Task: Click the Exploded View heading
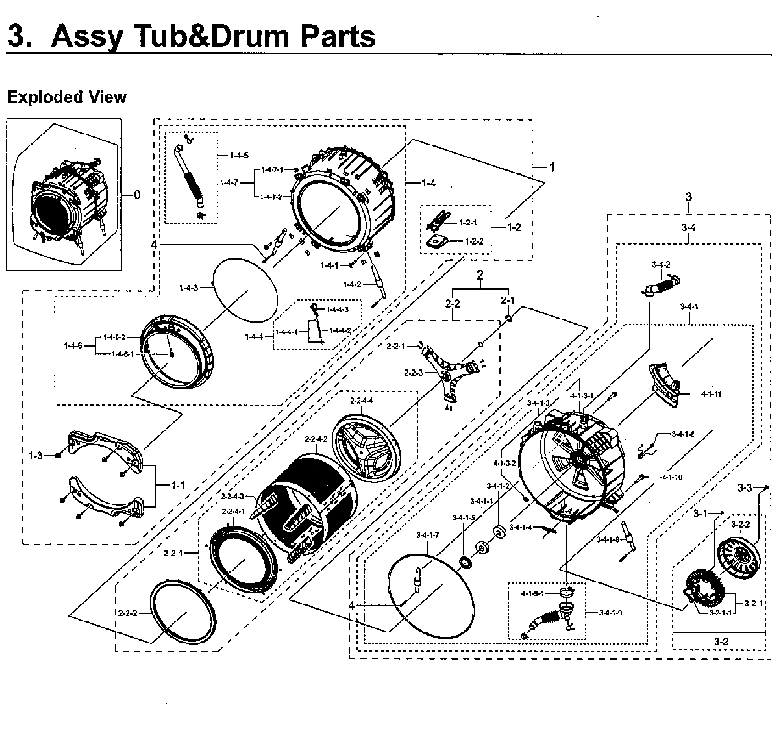pyautogui.click(x=67, y=97)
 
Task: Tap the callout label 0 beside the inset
pyautogui.click(x=137, y=195)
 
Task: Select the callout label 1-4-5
pyautogui.click(x=239, y=155)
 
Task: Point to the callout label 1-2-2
pyautogui.click(x=474, y=241)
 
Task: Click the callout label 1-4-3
pyautogui.click(x=188, y=288)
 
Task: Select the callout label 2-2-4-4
pyautogui.click(x=361, y=401)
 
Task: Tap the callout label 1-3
pyautogui.click(x=35, y=456)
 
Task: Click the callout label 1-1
pyautogui.click(x=178, y=485)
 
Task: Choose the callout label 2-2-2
pyautogui.click(x=128, y=614)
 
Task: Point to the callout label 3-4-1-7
pyautogui.click(x=427, y=535)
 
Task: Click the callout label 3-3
pyautogui.click(x=745, y=487)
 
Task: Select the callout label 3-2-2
pyautogui.click(x=740, y=524)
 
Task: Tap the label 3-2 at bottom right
pyautogui.click(x=721, y=641)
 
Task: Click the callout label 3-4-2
pyautogui.click(x=661, y=264)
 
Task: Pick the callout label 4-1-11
pyautogui.click(x=711, y=394)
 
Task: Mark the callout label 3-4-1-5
pyautogui.click(x=463, y=518)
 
